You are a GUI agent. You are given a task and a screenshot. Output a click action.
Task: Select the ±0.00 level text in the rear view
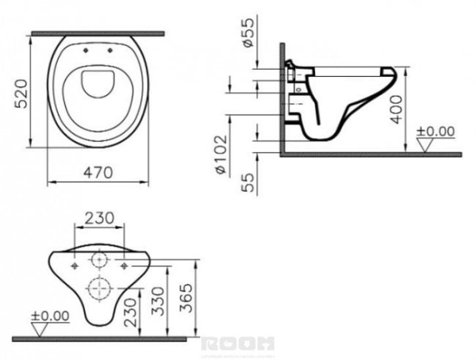coord(49,316)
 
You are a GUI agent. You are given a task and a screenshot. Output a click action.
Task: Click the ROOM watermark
coord(238,343)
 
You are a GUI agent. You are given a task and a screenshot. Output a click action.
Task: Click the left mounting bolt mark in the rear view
coord(75,267)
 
